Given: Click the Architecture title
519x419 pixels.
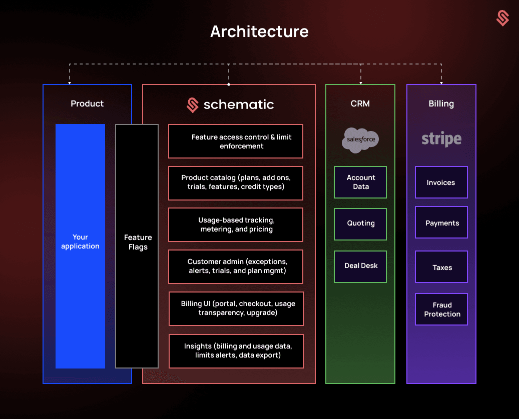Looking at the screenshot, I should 259,31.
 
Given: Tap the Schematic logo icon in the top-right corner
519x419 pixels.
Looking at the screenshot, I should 502,18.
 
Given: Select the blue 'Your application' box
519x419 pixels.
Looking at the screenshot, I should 80,246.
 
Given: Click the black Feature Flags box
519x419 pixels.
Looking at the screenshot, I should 137,246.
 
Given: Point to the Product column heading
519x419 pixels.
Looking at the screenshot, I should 87,103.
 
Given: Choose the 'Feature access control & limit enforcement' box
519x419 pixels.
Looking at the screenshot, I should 236,141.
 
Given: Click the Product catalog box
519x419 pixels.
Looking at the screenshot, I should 236,182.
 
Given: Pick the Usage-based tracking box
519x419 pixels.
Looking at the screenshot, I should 236,224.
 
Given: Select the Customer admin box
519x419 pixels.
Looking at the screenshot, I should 236,266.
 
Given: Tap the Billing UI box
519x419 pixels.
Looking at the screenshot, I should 236,308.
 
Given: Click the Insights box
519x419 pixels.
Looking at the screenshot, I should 236,350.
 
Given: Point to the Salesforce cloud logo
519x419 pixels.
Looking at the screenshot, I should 360,139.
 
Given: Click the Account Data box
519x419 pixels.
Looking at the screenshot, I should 360,182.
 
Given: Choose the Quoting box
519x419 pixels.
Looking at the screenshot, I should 360,223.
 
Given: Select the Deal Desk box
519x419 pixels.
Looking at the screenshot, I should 360,266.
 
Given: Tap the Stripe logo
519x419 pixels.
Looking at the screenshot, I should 441,139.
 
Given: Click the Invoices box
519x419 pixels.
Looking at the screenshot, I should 441,182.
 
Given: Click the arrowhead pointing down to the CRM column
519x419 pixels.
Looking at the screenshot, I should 360,82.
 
